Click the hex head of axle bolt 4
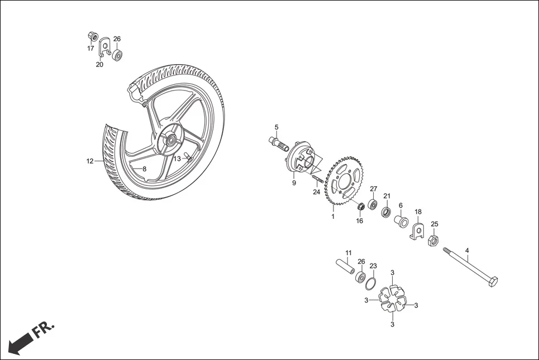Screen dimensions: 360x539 coord(492,281)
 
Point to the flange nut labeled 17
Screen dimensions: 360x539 coord(93,37)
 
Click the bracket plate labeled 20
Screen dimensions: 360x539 coord(103,49)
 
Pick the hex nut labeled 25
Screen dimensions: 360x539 coord(432,241)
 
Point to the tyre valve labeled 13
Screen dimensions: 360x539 coord(188,159)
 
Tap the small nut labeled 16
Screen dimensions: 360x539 coord(361,208)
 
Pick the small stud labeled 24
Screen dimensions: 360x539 coord(318,180)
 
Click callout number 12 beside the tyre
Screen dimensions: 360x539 coord(90,161)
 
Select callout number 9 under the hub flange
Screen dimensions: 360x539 coord(294,183)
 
